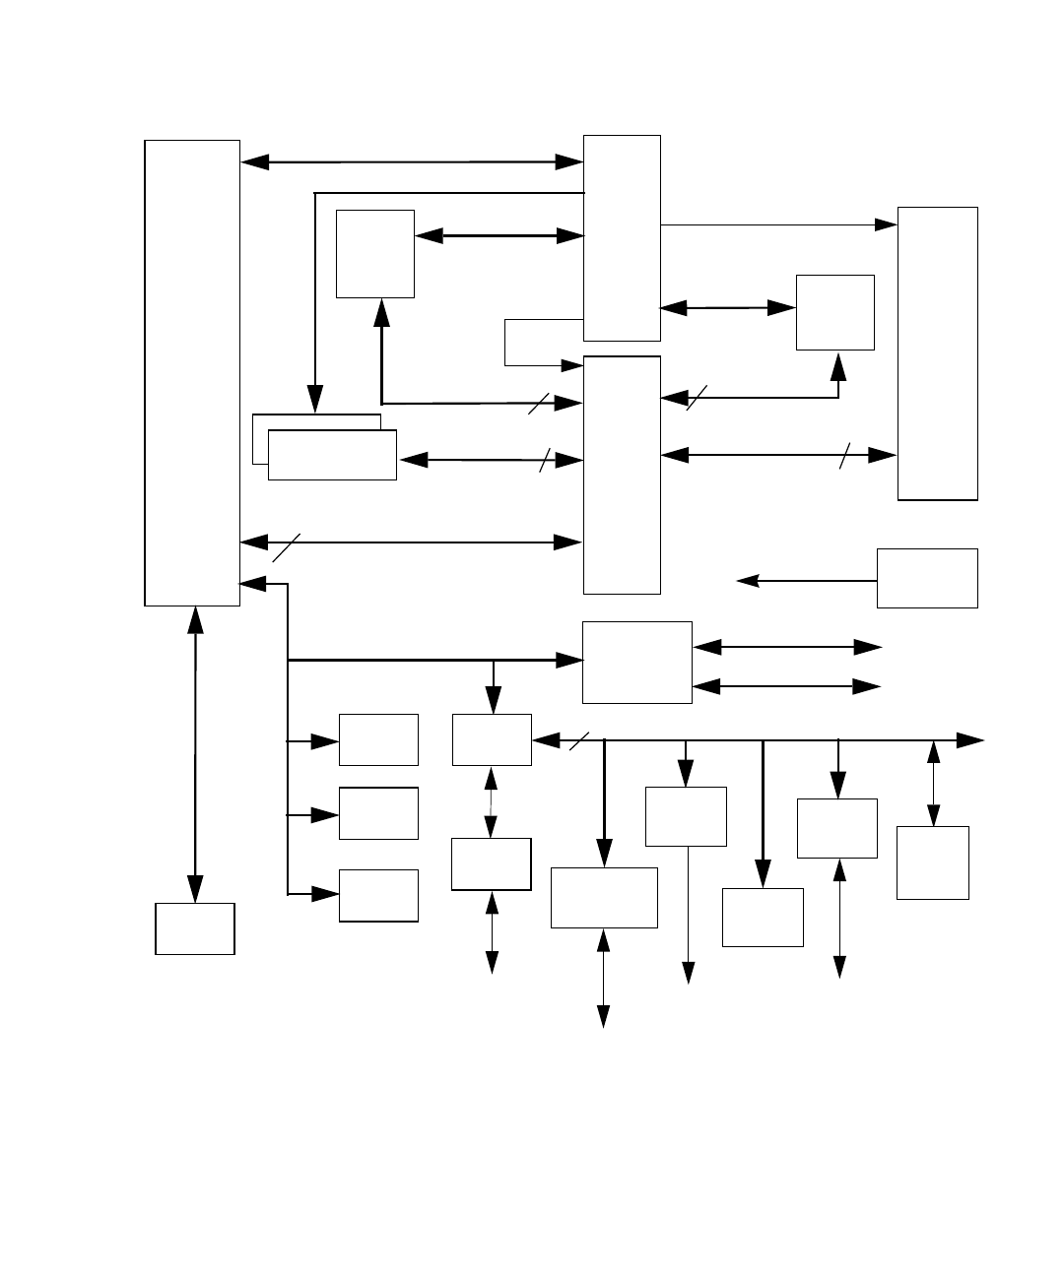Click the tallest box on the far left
tap(192, 372)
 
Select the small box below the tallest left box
tap(195, 928)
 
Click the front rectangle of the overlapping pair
tap(332, 455)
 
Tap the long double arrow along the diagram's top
tap(412, 161)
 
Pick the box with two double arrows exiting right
tap(636, 662)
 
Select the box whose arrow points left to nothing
tap(927, 578)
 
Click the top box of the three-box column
tap(378, 739)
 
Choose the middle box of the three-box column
tap(378, 813)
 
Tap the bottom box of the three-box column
tap(378, 895)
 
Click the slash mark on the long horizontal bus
tap(579, 740)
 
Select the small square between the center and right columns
tap(834, 312)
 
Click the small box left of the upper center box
tap(374, 253)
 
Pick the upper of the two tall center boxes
tap(622, 237)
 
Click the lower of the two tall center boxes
tap(622, 475)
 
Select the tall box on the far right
tap(937, 352)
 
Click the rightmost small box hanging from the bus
tap(932, 862)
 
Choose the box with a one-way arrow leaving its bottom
tap(686, 816)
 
